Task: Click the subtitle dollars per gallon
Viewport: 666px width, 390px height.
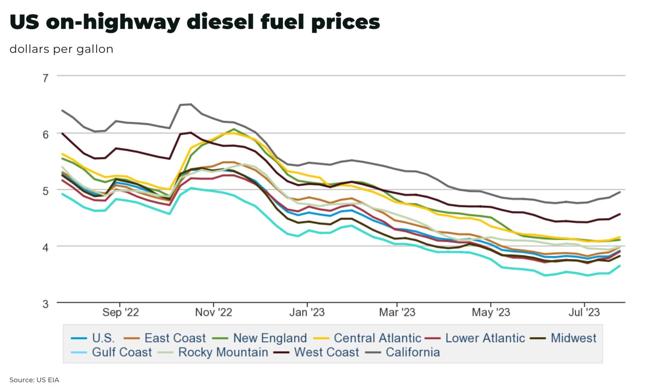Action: tap(61, 49)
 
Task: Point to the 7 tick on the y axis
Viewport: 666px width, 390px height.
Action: tap(45, 77)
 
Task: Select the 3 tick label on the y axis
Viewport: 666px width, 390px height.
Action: tap(45, 303)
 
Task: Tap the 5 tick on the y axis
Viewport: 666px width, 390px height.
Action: tap(45, 190)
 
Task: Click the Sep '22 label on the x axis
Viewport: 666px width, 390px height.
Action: tap(120, 312)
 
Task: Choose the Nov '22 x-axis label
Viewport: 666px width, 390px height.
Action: tap(214, 312)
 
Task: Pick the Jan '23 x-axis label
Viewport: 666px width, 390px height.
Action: tap(307, 312)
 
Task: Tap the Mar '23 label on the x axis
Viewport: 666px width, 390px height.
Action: tap(397, 312)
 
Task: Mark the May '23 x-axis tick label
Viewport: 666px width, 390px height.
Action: tap(491, 312)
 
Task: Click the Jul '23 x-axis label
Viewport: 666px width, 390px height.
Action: tap(584, 312)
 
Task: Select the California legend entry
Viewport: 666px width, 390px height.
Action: tap(412, 352)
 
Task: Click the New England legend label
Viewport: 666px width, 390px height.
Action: tap(270, 338)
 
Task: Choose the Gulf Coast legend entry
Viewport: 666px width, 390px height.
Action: tap(122, 352)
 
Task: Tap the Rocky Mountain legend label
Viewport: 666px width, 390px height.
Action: tap(223, 352)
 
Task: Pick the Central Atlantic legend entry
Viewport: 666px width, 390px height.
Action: tap(377, 338)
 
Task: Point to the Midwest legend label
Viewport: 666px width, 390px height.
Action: tap(573, 338)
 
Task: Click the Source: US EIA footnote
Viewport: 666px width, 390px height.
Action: tap(34, 380)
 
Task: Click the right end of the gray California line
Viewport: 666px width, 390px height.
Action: tap(620, 192)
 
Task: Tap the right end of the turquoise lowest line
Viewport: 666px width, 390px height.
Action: tap(620, 266)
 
